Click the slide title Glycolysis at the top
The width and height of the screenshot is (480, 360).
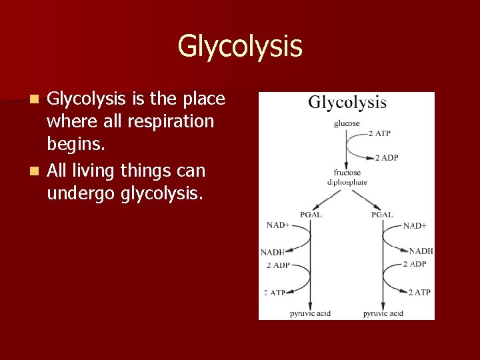pos(240,46)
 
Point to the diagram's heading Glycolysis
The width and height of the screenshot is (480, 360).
pos(347,103)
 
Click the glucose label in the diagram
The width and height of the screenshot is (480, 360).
pos(347,123)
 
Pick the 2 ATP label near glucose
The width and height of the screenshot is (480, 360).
pos(379,134)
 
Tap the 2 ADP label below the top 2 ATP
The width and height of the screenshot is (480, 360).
pos(386,158)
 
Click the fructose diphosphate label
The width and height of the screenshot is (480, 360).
pos(347,177)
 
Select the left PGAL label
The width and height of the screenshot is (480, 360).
pos(311,215)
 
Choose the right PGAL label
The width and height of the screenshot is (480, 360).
pos(382,215)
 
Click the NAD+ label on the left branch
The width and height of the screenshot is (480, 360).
pos(278,225)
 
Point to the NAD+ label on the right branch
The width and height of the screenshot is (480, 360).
pos(415,226)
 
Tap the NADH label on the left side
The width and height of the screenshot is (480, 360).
pos(273,253)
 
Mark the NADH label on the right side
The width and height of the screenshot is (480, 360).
pos(421,251)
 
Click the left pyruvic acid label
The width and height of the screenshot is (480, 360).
pos(310,313)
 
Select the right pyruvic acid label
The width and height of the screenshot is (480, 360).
pos(383,313)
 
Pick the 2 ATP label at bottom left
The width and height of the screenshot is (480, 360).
pos(275,293)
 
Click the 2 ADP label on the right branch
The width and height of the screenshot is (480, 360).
pos(415,265)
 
